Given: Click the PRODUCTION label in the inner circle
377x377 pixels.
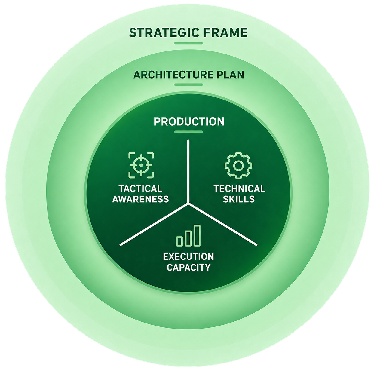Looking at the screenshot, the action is [189, 121].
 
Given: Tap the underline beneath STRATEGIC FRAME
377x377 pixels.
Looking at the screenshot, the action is [188, 43].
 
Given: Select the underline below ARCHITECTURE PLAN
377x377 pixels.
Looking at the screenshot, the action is [188, 84].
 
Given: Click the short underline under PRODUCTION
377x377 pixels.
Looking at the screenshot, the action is [188, 132].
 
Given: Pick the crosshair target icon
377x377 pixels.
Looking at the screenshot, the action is [141, 165].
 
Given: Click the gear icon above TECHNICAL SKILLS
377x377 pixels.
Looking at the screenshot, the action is [238, 166].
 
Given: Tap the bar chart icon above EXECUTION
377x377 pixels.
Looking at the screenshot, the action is [188, 236].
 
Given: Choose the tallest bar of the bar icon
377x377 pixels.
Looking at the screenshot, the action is [197, 236].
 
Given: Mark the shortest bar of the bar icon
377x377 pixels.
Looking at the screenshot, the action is [179, 241].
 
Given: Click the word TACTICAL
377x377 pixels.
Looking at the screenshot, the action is [140, 188].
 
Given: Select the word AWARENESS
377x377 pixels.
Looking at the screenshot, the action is [140, 199].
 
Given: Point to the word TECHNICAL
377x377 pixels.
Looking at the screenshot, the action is [239, 188].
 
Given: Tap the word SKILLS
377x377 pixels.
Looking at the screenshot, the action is [239, 199].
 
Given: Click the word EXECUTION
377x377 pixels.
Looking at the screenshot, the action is [188, 257].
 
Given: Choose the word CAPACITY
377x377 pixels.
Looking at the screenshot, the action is [188, 267].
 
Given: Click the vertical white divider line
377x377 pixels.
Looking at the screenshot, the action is [188, 172].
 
